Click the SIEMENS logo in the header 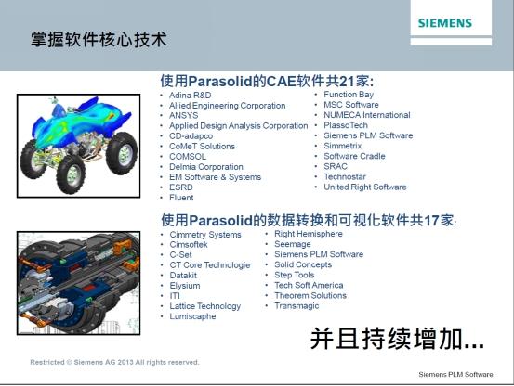click(445, 23)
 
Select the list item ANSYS click(184, 115)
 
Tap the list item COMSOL click(188, 157)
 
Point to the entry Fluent click(181, 198)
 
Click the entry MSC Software click(351, 105)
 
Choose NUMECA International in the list click(367, 115)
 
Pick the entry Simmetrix click(343, 146)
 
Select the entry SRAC click(336, 166)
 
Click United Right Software click(365, 187)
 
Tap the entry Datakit click(183, 275)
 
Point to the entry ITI click(175, 296)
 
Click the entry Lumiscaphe click(192, 316)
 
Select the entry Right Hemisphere click(309, 234)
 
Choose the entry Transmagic click(297, 305)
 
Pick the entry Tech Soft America click(309, 285)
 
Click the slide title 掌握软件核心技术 click(99, 40)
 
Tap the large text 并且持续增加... click(397, 339)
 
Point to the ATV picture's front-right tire click(71, 174)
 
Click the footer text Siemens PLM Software click(455, 374)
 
